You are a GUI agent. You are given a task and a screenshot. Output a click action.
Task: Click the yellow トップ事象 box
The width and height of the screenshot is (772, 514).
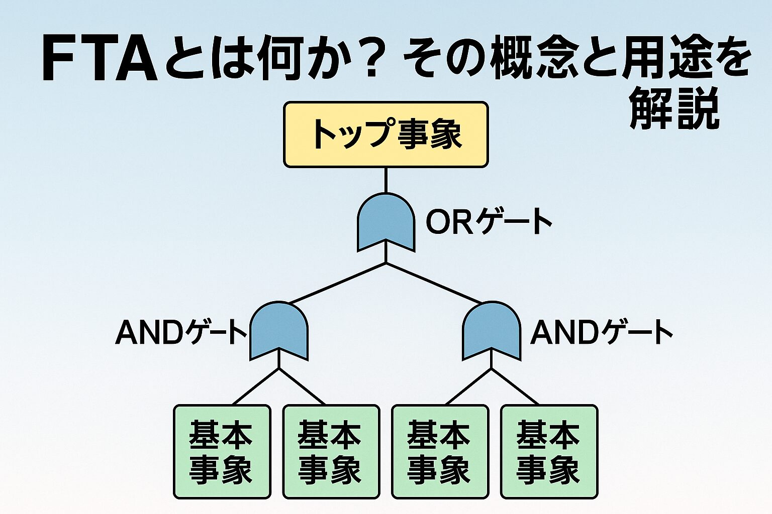(385, 135)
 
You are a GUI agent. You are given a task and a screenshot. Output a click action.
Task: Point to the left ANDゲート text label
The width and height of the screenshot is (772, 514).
(181, 332)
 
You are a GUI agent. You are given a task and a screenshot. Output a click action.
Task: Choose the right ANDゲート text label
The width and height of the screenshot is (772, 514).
(602, 332)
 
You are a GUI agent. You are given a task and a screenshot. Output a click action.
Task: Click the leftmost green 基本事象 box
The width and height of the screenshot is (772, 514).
(222, 452)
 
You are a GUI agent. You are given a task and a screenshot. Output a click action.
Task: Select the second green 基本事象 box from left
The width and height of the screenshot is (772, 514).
(331, 452)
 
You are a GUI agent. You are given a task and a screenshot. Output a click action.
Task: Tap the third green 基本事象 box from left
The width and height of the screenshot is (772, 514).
(440, 452)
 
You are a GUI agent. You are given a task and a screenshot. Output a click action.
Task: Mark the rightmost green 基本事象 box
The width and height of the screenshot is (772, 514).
(549, 452)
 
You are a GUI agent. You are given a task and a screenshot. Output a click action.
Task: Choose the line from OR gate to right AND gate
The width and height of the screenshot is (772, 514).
(435, 283)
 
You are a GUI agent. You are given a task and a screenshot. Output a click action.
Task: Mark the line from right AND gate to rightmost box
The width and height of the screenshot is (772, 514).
(515, 387)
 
